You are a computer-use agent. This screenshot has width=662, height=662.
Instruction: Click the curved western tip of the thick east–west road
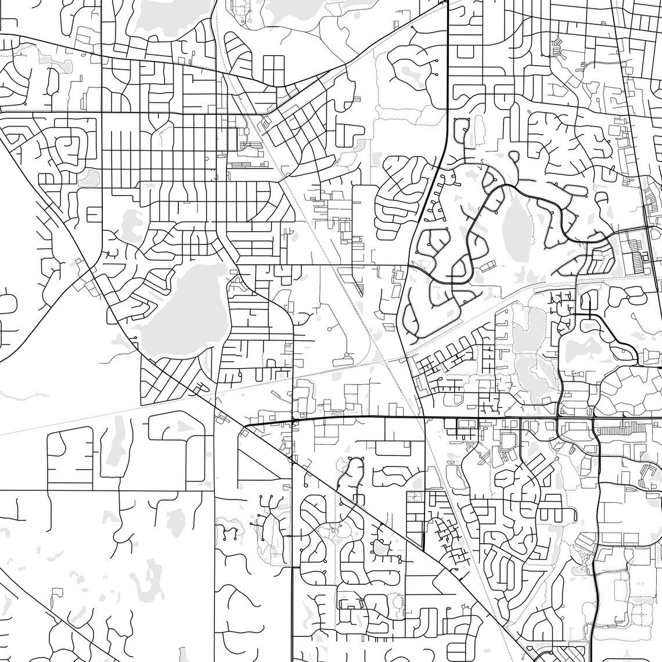tap(243, 429)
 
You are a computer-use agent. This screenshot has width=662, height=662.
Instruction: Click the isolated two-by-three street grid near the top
tap(273, 70)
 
